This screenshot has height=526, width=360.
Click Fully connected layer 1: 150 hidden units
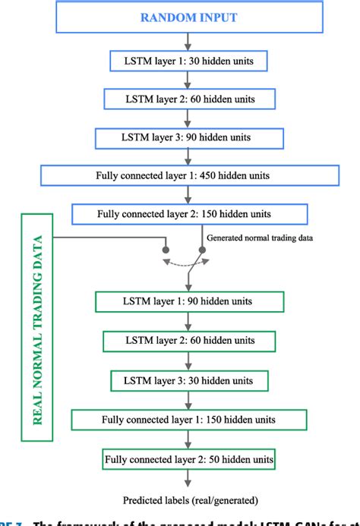click(x=188, y=419)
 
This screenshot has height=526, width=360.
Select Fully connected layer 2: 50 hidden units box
click(x=188, y=459)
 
